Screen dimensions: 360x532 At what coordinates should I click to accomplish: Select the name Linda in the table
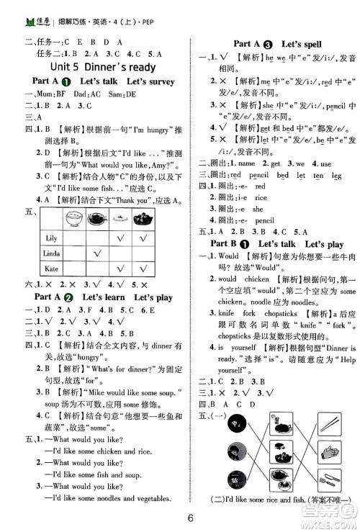[x=52, y=253]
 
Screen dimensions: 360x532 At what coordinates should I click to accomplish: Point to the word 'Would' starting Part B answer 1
[x=228, y=256]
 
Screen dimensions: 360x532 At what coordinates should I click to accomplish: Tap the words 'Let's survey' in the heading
[x=150, y=82]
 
